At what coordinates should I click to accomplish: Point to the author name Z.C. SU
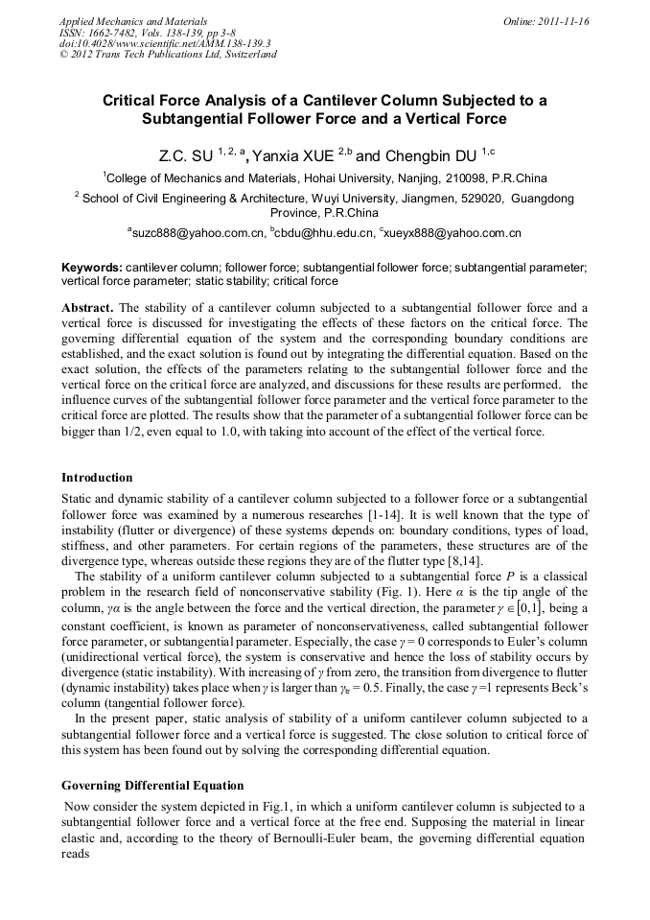(185, 154)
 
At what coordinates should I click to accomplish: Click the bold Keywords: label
(92, 267)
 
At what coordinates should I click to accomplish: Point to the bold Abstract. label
(87, 308)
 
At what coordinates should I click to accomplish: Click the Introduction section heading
(97, 478)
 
